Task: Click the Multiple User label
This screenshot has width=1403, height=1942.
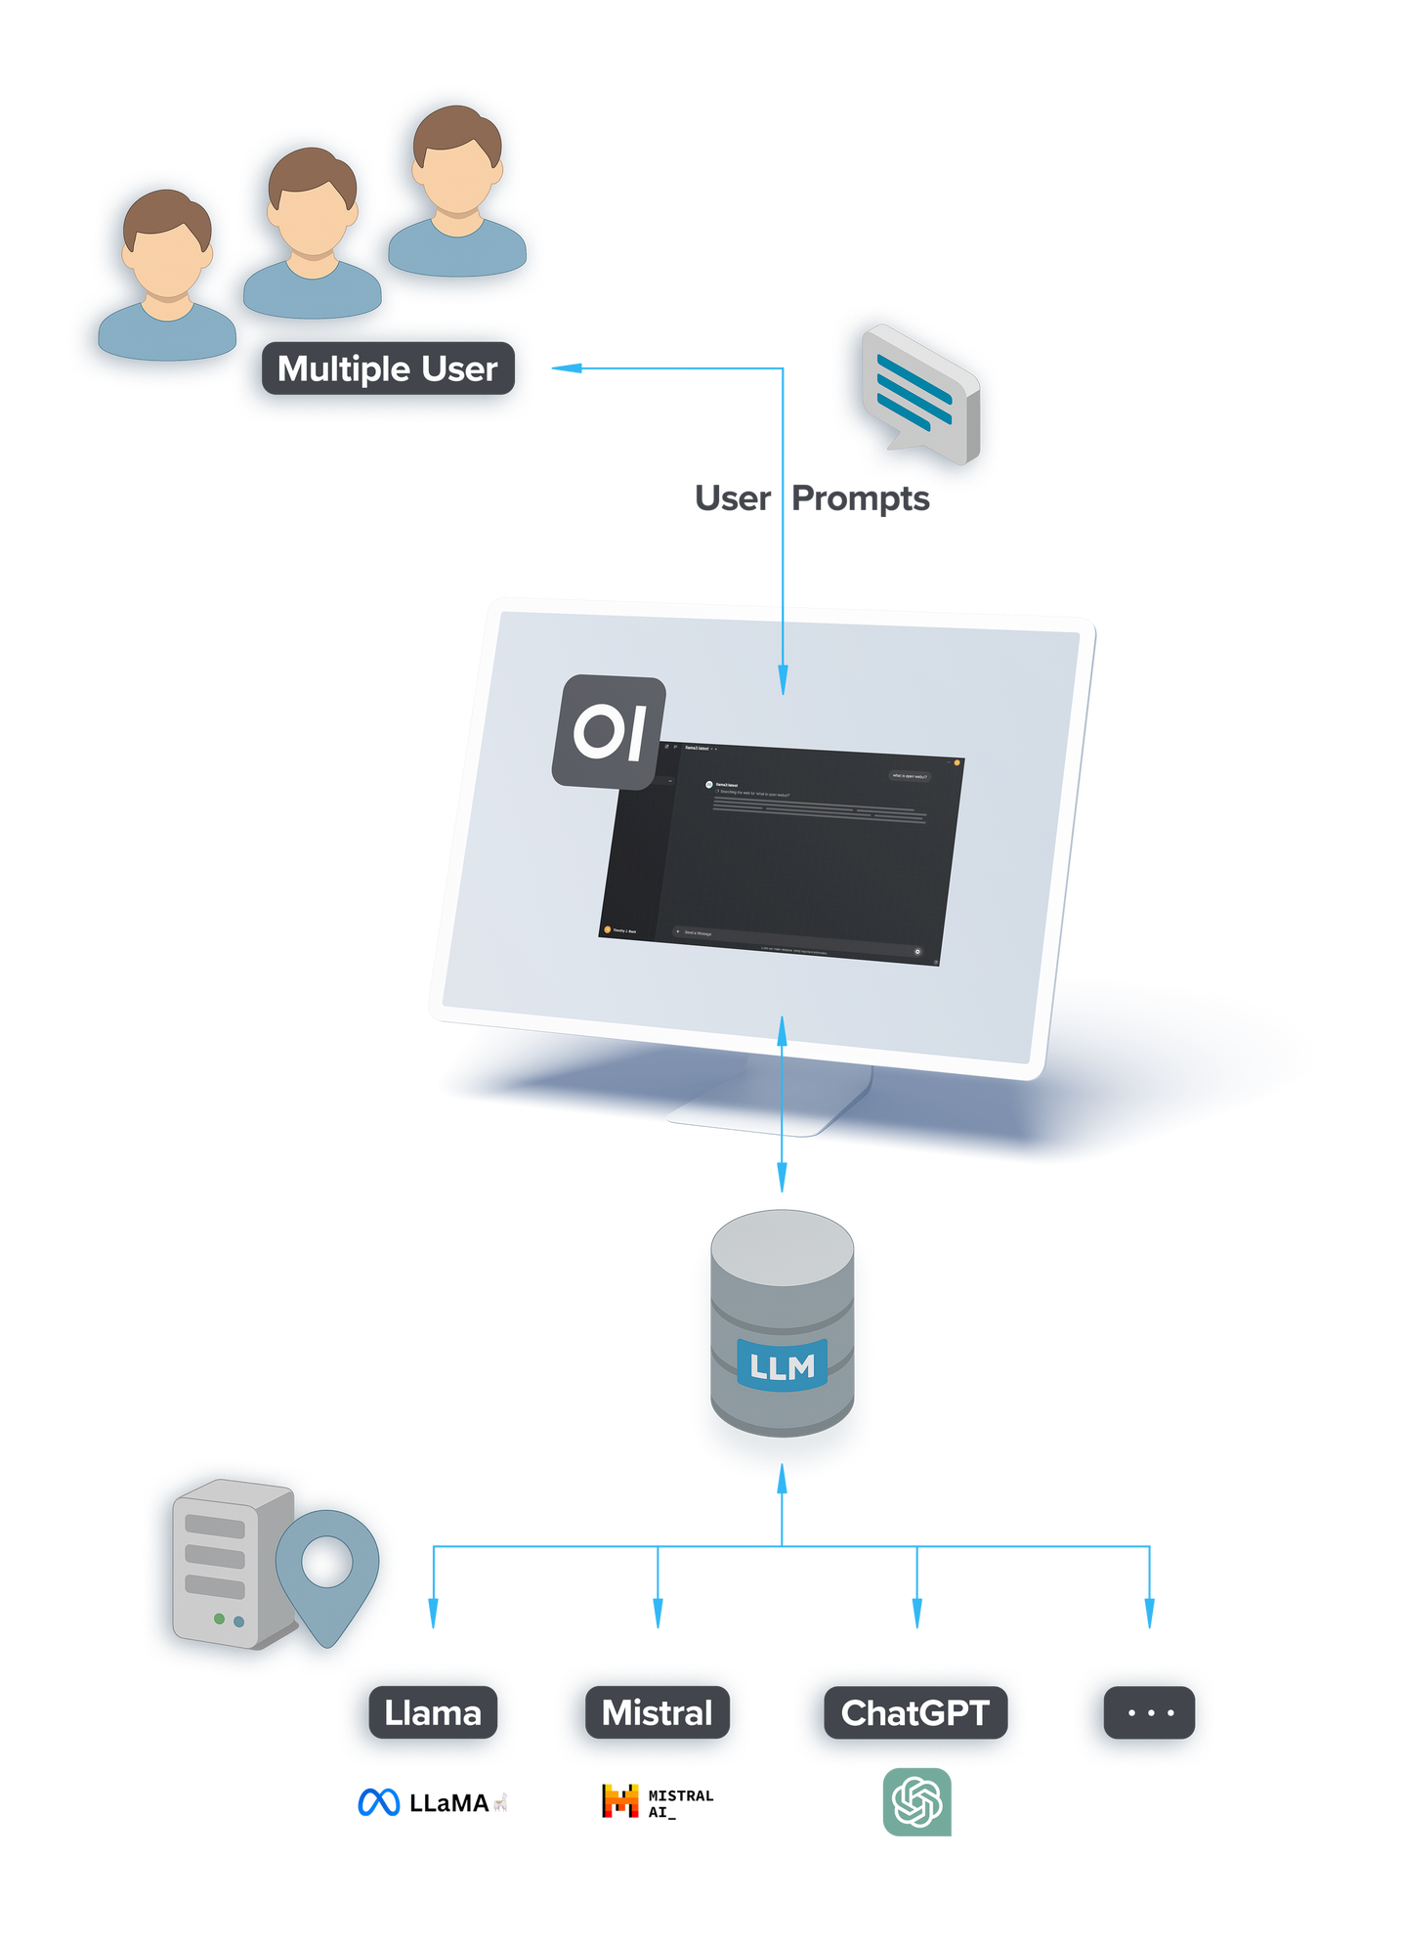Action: click(388, 368)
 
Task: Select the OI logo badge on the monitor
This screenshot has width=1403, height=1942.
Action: click(609, 731)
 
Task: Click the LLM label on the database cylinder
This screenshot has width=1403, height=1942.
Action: click(782, 1365)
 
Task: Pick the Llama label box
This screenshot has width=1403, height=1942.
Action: click(433, 1712)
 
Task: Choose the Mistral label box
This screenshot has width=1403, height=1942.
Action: click(658, 1712)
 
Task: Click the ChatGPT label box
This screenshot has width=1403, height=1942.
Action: click(915, 1712)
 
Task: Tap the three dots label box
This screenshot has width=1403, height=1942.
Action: click(1150, 1712)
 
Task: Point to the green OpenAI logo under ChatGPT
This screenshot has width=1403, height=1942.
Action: click(917, 1802)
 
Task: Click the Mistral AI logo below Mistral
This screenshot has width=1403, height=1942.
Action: click(622, 1800)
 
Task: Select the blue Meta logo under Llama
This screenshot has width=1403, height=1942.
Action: click(378, 1802)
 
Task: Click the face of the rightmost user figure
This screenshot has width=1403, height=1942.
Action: click(456, 181)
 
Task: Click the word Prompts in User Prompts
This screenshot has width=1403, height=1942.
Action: click(862, 498)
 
